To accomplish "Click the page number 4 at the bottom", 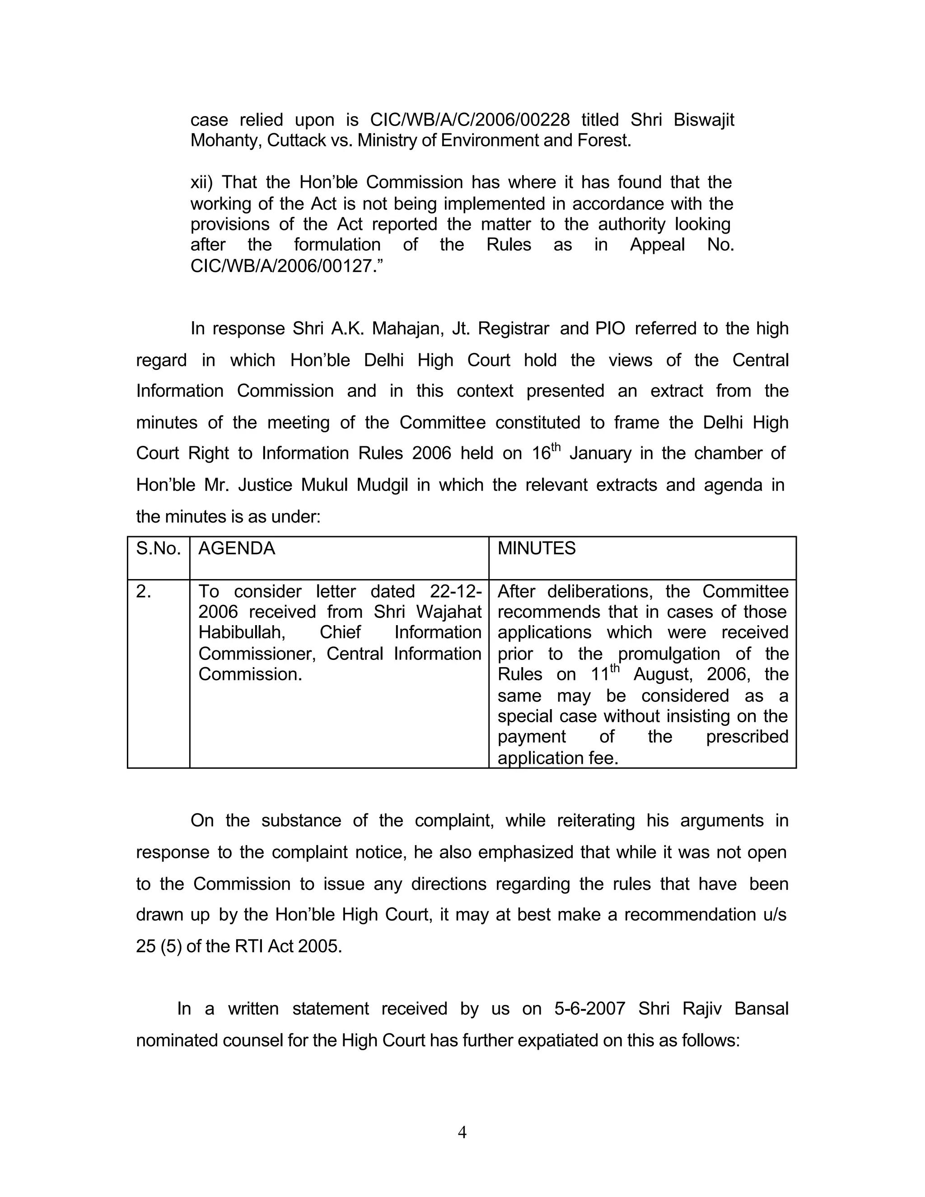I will (x=462, y=1132).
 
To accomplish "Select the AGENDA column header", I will (x=237, y=549).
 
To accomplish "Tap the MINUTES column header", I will (x=537, y=549).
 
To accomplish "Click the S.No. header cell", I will (x=159, y=549).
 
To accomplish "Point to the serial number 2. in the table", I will (x=144, y=592).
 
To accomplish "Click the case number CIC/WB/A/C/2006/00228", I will (x=470, y=120).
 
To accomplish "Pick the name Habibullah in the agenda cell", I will (x=242, y=633).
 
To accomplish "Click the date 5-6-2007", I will (x=589, y=1009).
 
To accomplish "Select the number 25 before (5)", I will (x=146, y=946).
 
